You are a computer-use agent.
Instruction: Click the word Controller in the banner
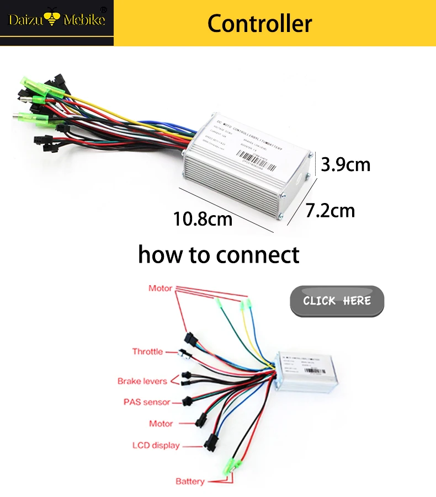tap(259, 23)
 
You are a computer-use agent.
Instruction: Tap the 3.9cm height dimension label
tap(346, 164)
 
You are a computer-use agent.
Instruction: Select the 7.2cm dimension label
tap(331, 210)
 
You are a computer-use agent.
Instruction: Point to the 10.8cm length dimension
tap(203, 219)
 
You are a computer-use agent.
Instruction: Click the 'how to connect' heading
tap(219, 254)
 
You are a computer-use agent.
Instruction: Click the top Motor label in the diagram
tap(160, 288)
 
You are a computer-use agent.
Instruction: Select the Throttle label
tap(147, 351)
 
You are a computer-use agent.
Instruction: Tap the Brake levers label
tap(142, 381)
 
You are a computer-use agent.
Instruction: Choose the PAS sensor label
tap(147, 402)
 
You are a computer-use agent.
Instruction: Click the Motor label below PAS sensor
tap(161, 424)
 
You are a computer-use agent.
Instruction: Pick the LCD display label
tap(156, 445)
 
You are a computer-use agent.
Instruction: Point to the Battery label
tap(190, 482)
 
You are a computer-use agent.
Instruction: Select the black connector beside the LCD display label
tap(211, 442)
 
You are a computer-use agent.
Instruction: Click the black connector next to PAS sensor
tap(188, 401)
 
